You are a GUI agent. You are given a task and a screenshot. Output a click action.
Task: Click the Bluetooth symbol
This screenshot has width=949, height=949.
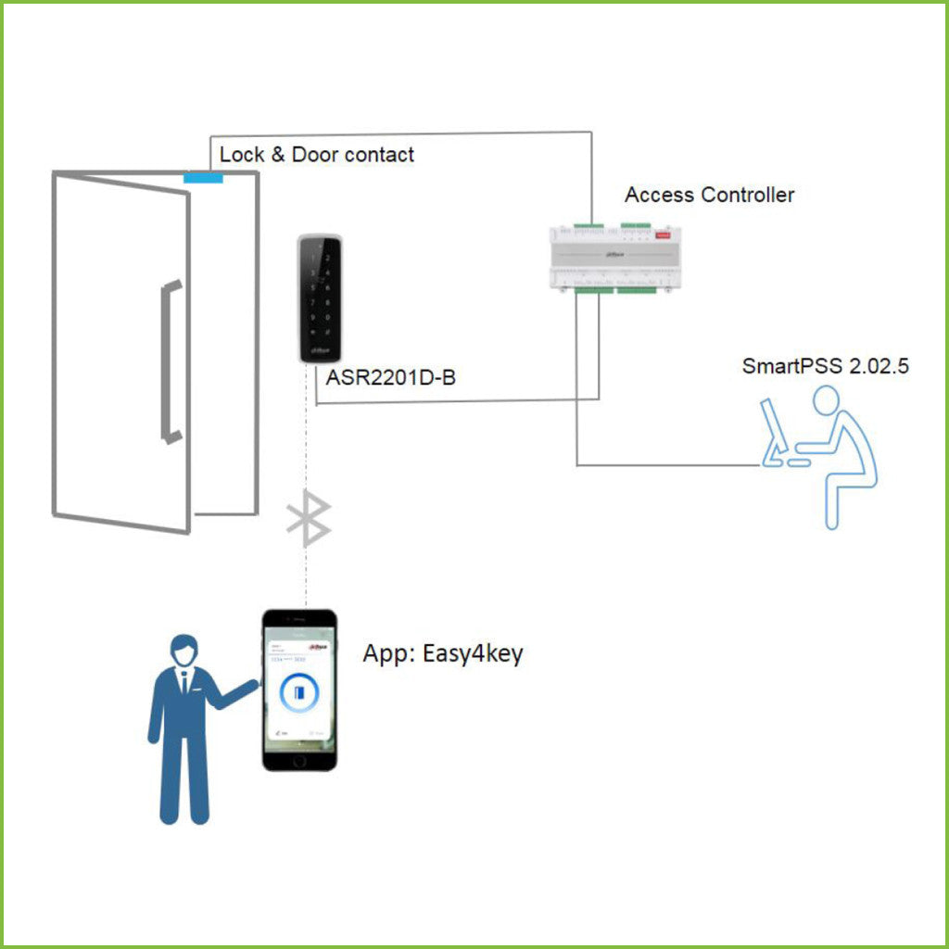309,520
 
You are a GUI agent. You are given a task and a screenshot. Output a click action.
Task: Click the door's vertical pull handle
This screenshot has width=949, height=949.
168,362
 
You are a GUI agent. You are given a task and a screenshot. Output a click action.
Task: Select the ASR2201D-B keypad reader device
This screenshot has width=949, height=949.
319,297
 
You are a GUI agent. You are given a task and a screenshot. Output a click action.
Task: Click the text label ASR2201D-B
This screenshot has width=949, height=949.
390,378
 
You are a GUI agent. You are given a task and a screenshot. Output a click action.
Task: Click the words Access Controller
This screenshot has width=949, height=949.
709,195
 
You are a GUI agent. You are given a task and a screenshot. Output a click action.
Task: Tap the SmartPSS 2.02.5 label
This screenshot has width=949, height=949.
825,365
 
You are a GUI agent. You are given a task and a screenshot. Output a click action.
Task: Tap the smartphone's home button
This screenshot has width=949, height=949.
298,759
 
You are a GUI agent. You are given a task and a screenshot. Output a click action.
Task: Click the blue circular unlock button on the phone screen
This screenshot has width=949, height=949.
298,692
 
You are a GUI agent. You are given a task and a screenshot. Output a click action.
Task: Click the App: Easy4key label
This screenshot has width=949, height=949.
442,653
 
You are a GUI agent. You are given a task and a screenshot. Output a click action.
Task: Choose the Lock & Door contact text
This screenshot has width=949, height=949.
317,154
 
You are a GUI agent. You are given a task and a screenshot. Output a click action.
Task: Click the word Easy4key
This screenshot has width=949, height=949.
472,653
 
